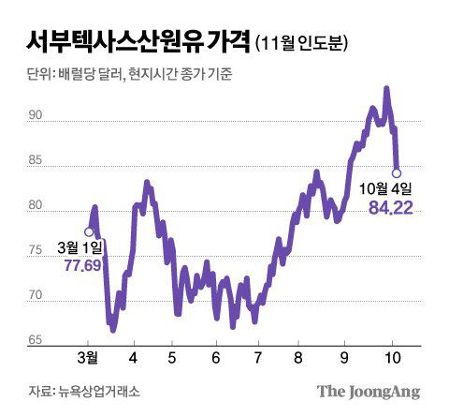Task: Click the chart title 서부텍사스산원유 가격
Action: [132, 41]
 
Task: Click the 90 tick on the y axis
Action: [36, 116]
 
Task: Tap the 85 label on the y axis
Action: [36, 161]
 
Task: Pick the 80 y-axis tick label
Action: [36, 206]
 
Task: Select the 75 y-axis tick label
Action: [36, 251]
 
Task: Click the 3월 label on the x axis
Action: [88, 359]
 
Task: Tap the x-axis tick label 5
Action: [173, 359]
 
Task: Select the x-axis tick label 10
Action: [394, 359]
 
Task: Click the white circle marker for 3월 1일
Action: [89, 232]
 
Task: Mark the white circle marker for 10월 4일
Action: [397, 172]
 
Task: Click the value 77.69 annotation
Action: [82, 267]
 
